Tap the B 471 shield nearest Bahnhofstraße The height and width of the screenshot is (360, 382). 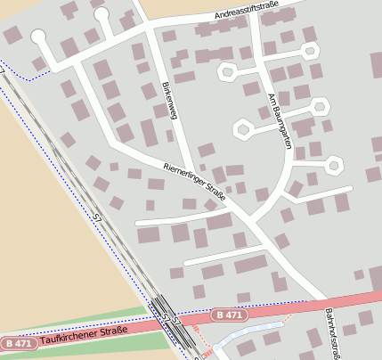[x=228, y=315]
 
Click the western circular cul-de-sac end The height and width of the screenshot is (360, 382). [x=38, y=37]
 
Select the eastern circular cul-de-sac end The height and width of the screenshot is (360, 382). [x=101, y=13]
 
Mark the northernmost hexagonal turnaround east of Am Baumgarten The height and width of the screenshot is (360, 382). [x=310, y=50]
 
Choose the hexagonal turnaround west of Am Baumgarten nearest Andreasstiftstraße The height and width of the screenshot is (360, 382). [x=227, y=70]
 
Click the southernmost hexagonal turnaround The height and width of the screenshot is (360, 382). [x=334, y=165]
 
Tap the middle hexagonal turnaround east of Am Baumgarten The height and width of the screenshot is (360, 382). [x=319, y=107]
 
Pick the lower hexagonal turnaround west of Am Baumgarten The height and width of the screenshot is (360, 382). [x=242, y=130]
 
